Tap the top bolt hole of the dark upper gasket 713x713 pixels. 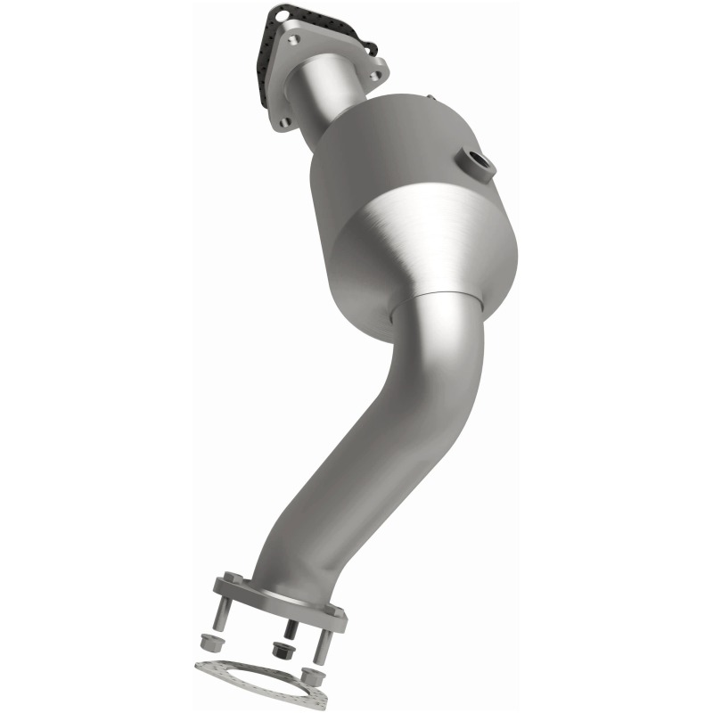click(283, 15)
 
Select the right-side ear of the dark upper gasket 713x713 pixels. click(367, 45)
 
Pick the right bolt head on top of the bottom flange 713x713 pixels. click(334, 611)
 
